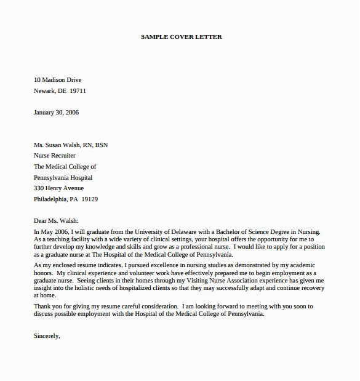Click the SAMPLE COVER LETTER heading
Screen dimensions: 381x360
[x=182, y=37]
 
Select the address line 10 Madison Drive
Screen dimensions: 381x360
[x=57, y=80]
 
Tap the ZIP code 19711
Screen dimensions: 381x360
[x=78, y=91]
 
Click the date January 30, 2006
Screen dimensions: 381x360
[x=56, y=113]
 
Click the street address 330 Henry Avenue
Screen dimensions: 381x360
[x=58, y=188]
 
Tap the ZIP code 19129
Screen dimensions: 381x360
[x=90, y=199]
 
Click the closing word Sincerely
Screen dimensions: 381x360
[x=47, y=336]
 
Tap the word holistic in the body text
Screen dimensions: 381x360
[x=86, y=287]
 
